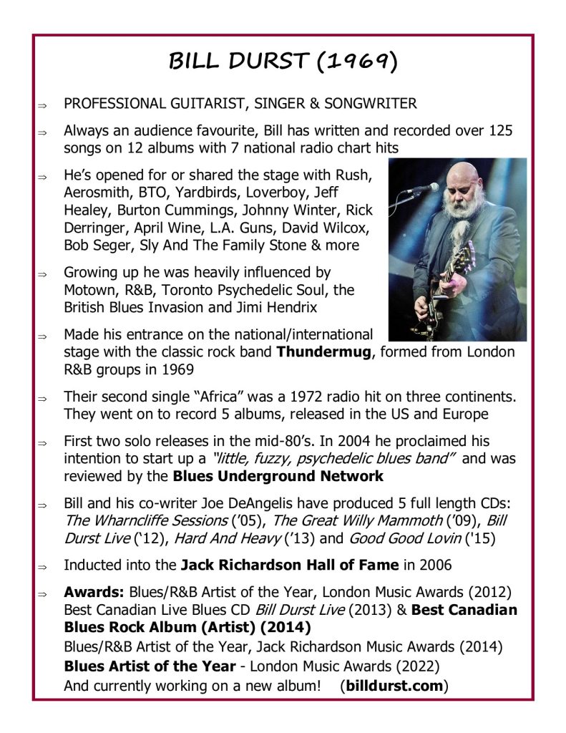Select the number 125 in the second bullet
(500, 131)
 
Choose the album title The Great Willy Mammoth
(339, 520)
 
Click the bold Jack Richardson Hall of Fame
(289, 565)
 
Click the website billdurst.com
(394, 685)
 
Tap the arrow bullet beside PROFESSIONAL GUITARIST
(42, 105)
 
